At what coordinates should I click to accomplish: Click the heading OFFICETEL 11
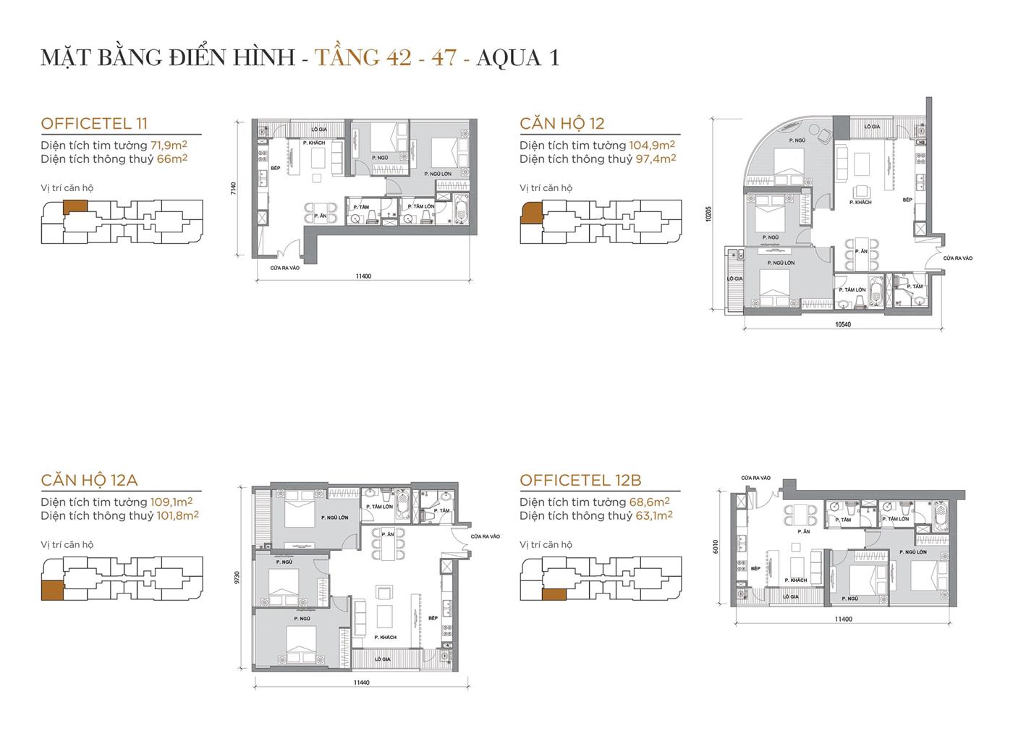(x=94, y=124)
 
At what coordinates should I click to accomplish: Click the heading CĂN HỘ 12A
(x=89, y=480)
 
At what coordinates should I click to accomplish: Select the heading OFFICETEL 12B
(x=580, y=480)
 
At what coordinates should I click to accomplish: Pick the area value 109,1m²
(x=171, y=502)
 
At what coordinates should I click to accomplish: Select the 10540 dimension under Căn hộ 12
(x=842, y=324)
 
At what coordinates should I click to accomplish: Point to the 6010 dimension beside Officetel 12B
(x=717, y=547)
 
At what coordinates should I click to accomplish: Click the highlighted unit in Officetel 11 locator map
(x=75, y=206)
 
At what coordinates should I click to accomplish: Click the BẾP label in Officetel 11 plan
(x=275, y=167)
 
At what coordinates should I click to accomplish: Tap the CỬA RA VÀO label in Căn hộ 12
(x=957, y=258)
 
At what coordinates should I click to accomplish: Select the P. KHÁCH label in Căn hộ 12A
(x=385, y=637)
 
